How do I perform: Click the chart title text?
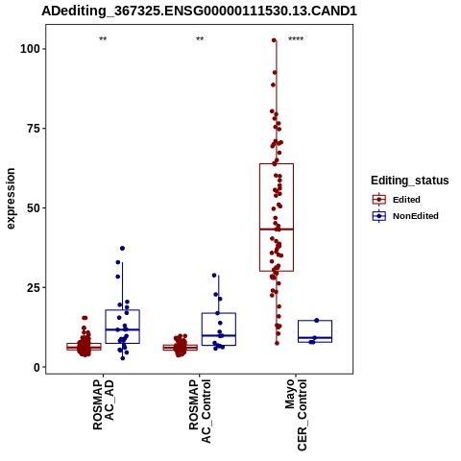(x=199, y=12)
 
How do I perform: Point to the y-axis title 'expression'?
(x=11, y=199)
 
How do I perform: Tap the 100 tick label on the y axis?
(x=30, y=49)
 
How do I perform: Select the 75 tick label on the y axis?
(x=34, y=129)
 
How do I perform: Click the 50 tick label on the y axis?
(x=34, y=208)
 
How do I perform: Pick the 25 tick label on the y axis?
(x=34, y=288)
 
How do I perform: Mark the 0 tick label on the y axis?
(x=36, y=368)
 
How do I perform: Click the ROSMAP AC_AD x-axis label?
(x=103, y=404)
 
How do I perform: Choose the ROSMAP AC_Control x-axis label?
(x=200, y=411)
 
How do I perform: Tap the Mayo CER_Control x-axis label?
(x=296, y=415)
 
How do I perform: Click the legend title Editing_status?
(x=410, y=181)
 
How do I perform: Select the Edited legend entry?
(x=396, y=200)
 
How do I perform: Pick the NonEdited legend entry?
(x=405, y=216)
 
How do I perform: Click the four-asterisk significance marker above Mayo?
(x=296, y=39)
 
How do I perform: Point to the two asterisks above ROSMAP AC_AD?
(x=103, y=39)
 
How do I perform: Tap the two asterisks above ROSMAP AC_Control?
(x=200, y=39)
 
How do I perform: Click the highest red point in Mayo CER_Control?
(x=274, y=40)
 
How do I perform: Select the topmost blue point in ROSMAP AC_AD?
(x=122, y=249)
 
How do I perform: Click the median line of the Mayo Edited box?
(x=277, y=230)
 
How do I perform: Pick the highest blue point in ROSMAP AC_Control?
(x=214, y=276)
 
